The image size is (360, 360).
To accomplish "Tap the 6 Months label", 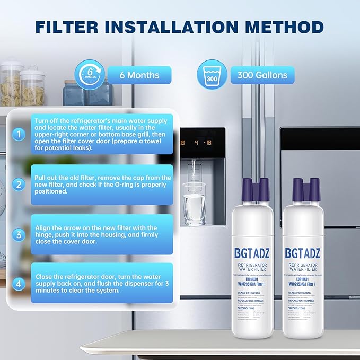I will point(139,75).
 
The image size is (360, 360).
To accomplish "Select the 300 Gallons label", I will point(262,75).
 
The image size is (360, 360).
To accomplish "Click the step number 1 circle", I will point(19,135).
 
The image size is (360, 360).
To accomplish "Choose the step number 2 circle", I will point(19,184).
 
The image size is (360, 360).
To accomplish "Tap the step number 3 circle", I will point(19,234).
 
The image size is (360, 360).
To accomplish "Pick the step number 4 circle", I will point(19,284).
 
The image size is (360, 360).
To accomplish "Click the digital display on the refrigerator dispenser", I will point(201,142).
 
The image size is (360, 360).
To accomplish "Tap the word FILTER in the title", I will point(69,27).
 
